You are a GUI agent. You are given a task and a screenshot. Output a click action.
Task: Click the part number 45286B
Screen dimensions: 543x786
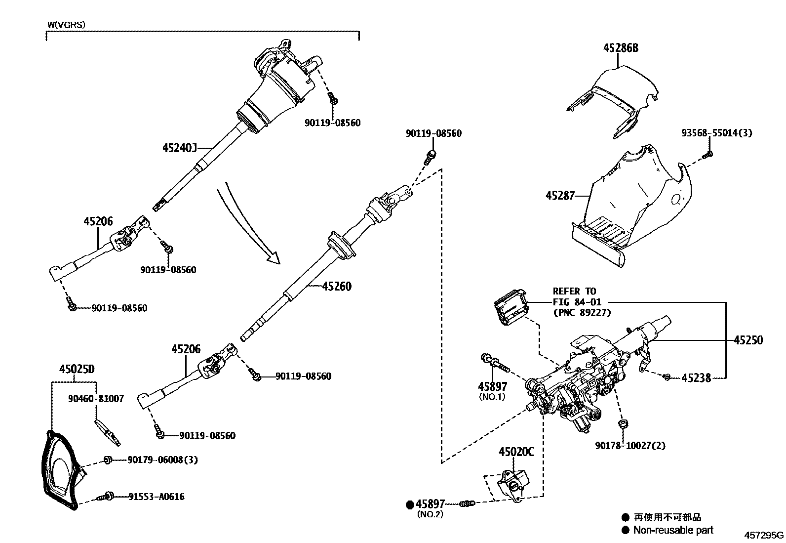621,48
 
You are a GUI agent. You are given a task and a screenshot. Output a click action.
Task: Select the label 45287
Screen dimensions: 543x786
560,196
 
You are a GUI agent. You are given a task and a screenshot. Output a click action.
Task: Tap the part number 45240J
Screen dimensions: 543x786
180,148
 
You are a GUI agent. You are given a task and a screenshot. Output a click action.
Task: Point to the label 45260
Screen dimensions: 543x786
337,287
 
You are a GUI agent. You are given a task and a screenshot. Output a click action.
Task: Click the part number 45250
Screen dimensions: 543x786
748,340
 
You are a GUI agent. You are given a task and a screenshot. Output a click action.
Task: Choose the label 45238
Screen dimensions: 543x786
696,378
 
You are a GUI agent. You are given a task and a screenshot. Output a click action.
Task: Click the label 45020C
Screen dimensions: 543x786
516,451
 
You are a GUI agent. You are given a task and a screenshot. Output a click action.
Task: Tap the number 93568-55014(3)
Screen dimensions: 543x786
716,133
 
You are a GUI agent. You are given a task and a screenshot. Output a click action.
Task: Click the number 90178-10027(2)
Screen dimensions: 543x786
629,446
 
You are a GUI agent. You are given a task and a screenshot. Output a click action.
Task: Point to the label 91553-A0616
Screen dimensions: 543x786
157,497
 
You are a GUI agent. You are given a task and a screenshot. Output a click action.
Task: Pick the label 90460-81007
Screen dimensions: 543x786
96,398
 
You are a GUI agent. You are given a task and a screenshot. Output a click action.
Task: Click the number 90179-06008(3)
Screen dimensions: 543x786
162,460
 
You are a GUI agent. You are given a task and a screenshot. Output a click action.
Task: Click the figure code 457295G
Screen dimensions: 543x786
764,535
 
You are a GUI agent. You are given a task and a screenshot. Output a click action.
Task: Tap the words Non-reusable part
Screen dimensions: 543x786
673,530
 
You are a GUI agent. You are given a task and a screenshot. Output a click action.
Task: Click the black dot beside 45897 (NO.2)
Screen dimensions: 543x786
409,504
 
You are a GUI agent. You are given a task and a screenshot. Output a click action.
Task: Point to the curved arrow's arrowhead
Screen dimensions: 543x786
273,258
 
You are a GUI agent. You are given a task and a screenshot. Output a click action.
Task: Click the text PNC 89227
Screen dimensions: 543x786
582,312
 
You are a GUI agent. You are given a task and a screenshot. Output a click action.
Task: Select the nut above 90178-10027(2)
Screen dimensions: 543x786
623,423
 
